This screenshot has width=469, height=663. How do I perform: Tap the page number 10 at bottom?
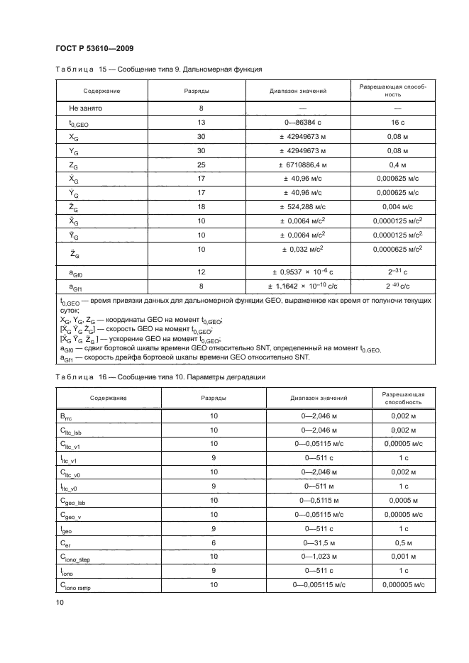(60, 602)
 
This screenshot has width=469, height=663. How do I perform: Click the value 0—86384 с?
(297, 123)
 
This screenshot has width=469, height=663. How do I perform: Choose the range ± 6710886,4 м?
(297, 165)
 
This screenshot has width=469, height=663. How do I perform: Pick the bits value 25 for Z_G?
(201, 165)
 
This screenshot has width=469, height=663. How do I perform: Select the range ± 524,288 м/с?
(297, 206)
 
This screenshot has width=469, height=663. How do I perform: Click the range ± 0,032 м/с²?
(297, 250)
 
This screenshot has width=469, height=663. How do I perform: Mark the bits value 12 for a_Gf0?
(201, 272)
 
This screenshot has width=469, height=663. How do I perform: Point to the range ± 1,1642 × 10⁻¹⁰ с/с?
(297, 286)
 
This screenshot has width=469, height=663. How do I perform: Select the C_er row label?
(66, 543)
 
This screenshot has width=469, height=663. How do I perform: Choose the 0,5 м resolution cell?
(403, 542)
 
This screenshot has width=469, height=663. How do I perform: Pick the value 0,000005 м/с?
(403, 585)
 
